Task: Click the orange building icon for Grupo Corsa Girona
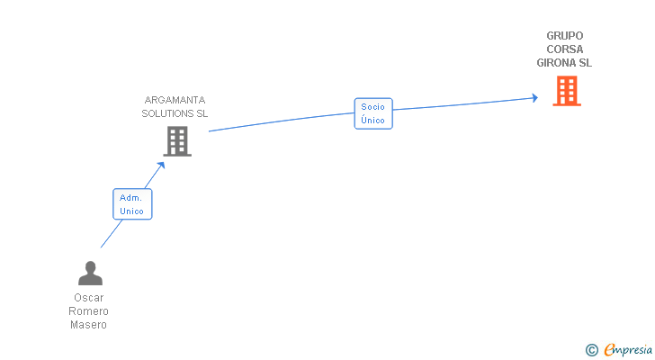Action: point(566,91)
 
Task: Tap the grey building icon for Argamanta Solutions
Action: point(177,140)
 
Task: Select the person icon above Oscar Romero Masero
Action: point(90,273)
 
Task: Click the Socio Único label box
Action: point(373,113)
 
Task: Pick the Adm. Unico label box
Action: point(132,204)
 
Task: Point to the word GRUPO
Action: point(564,36)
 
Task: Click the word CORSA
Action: point(564,49)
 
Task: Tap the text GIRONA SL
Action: point(564,63)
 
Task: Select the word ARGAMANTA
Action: point(175,100)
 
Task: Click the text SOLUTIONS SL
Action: point(175,113)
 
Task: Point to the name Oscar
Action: point(89,298)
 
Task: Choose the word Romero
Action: point(89,311)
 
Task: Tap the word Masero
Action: point(89,325)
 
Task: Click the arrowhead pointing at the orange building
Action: point(534,98)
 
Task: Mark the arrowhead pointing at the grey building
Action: point(161,165)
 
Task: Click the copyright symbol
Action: point(592,349)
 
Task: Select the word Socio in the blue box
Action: point(373,107)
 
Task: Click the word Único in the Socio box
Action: point(373,120)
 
